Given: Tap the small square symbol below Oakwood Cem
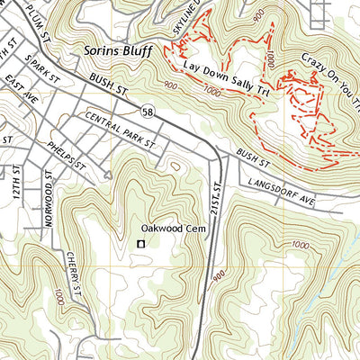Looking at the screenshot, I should click(140, 244).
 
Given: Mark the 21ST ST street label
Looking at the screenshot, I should click(214, 198).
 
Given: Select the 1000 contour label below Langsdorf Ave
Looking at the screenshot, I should click(300, 244).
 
